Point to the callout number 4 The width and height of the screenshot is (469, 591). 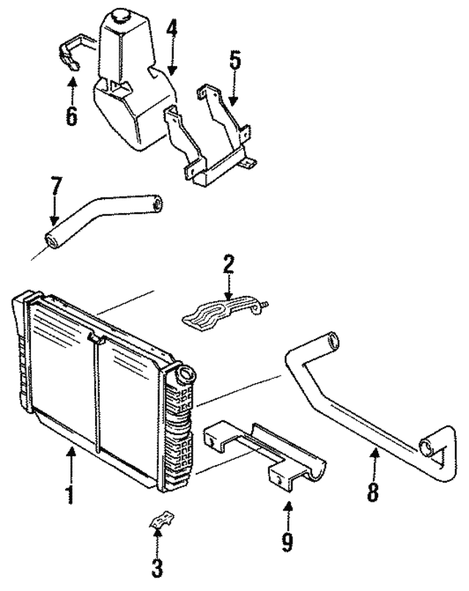(x=172, y=31)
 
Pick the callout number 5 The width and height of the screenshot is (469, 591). (x=234, y=61)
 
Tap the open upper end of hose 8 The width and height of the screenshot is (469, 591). (x=334, y=341)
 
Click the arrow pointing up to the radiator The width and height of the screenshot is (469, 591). (x=71, y=461)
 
